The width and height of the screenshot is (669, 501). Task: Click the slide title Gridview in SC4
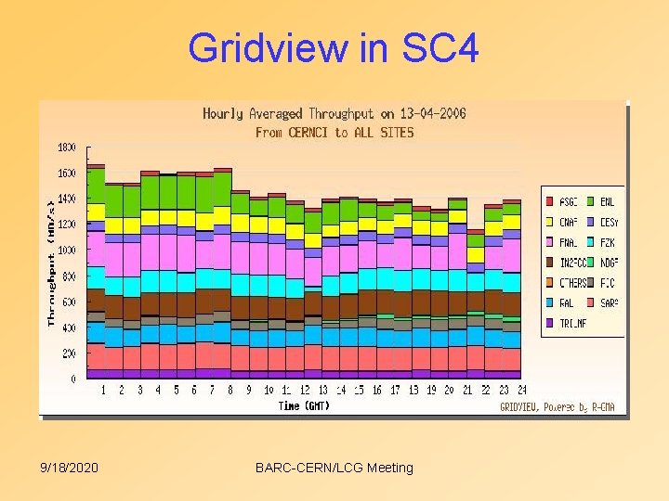pos(334,47)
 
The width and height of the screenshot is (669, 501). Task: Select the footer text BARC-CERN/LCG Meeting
pos(334,468)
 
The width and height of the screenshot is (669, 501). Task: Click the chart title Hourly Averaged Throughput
pos(334,114)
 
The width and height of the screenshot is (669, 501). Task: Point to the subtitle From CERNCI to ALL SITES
pos(334,133)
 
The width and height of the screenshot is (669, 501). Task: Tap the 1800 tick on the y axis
pos(66,148)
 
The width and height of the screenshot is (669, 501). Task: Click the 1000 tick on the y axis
pos(66,250)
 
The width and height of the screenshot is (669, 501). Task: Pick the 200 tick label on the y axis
pos(69,353)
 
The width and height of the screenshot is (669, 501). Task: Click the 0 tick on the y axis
pos(73,379)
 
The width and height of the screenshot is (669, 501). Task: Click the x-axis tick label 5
pos(177,391)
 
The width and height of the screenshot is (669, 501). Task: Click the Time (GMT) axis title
pos(304,405)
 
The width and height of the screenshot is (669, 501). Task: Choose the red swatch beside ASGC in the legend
pos(550,201)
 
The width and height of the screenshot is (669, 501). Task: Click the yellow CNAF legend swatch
pos(550,222)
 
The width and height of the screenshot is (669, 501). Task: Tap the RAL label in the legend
pos(567,302)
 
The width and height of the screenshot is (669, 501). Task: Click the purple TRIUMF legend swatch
pos(550,323)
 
